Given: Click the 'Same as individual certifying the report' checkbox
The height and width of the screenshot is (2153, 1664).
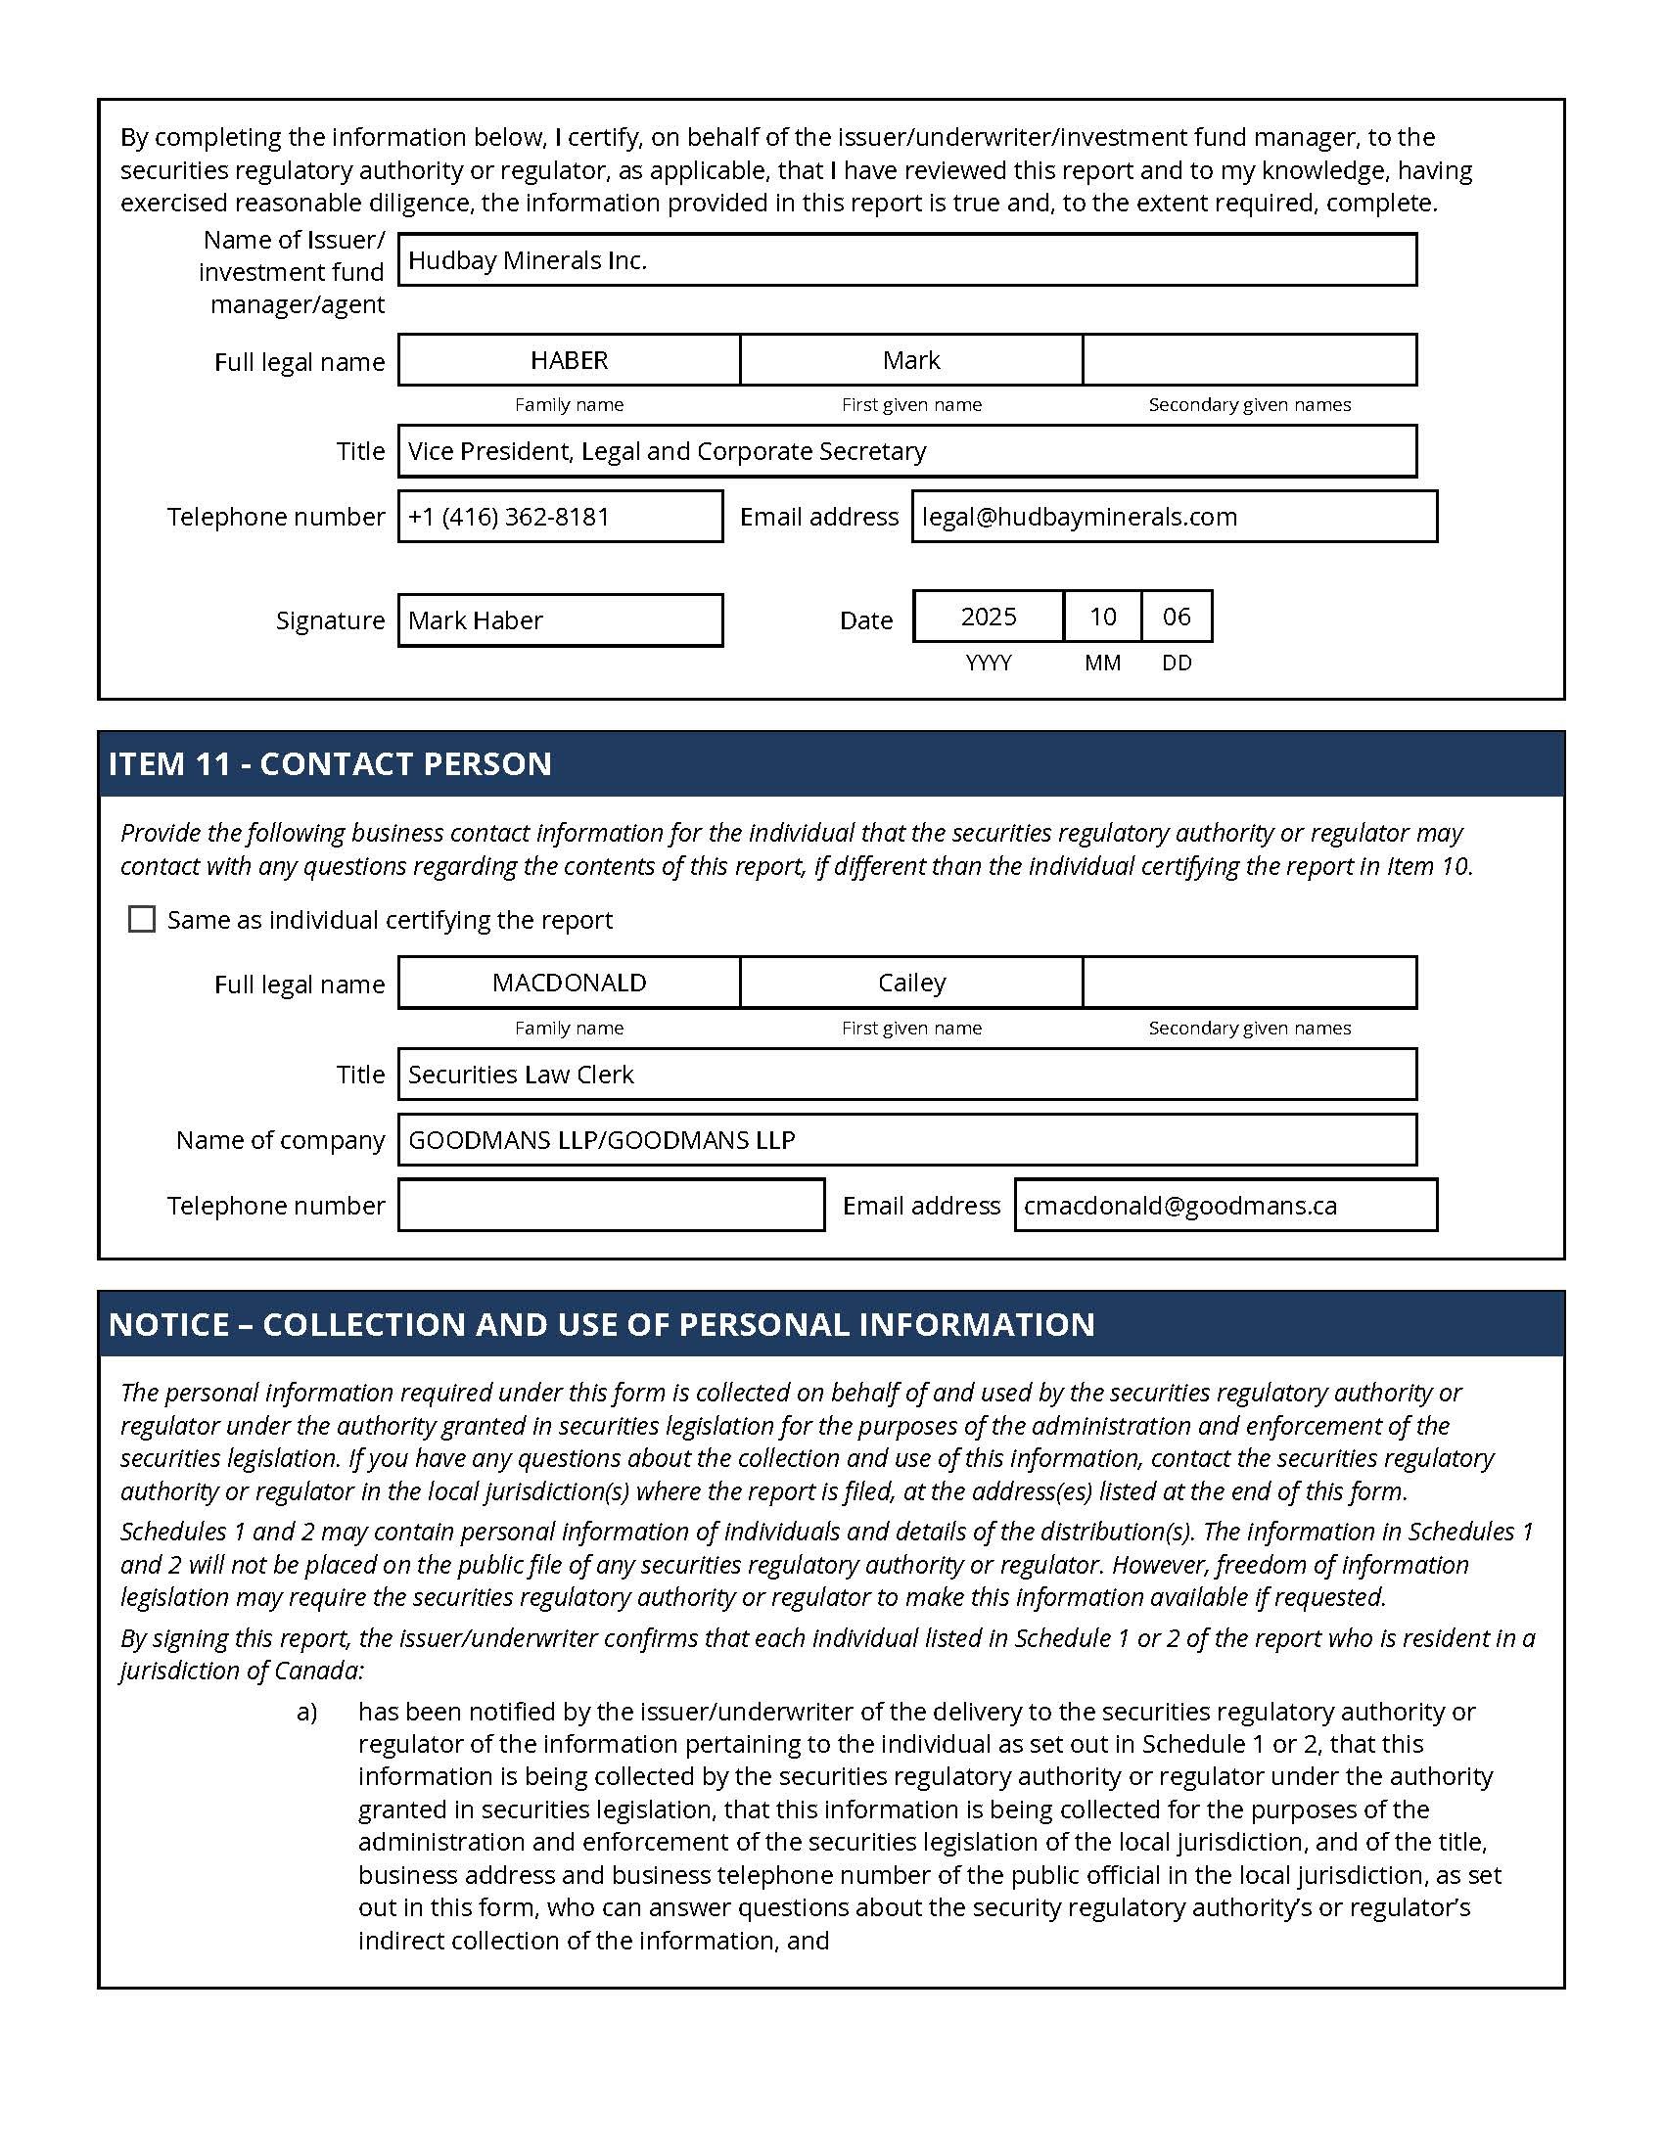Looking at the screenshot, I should pyautogui.click(x=142, y=919).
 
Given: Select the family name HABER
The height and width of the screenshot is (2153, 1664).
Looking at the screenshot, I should pyautogui.click(x=569, y=360).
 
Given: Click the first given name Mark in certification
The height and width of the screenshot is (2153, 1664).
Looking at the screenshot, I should pyautogui.click(x=911, y=360).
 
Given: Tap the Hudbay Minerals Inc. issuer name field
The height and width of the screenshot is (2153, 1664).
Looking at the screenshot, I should pyautogui.click(x=907, y=260).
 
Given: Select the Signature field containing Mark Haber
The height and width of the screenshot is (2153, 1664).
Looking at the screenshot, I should pyautogui.click(x=560, y=620).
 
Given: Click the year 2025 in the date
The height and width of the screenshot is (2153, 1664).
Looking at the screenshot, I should pyautogui.click(x=988, y=618).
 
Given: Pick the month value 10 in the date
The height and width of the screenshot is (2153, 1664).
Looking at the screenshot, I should pyautogui.click(x=1102, y=618).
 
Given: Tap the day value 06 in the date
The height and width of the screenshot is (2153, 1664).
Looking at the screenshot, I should pyautogui.click(x=1177, y=618).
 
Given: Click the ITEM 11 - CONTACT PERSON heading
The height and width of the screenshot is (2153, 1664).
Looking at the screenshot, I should pyautogui.click(x=330, y=764).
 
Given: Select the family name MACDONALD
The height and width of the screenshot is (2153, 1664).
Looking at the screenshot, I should pyautogui.click(x=569, y=983).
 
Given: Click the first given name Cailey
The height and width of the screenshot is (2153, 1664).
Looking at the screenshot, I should pyautogui.click(x=911, y=983).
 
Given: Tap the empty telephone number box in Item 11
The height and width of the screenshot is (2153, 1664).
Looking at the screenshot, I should pyautogui.click(x=611, y=1205).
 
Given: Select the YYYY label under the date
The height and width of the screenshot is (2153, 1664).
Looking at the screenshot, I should pyautogui.click(x=988, y=663).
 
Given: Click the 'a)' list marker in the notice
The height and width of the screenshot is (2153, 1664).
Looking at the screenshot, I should pyautogui.click(x=306, y=1712).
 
